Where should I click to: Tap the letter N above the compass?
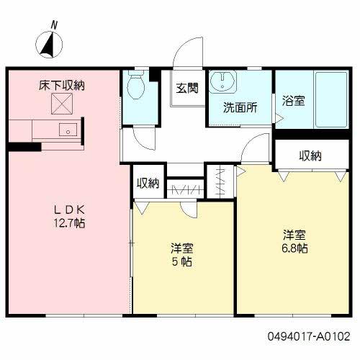click(x=55, y=25)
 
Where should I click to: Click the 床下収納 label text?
click(x=62, y=85)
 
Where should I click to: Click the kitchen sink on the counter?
click(x=67, y=130)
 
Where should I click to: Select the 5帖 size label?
click(x=182, y=261)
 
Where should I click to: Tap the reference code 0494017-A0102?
click(x=310, y=336)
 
